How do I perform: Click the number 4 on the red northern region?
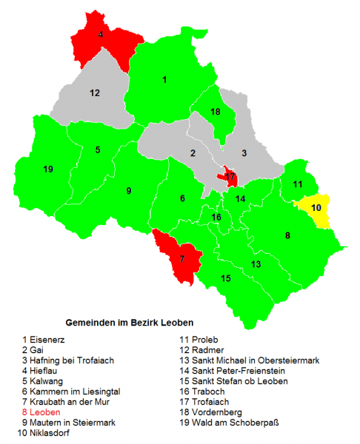(x=101, y=34)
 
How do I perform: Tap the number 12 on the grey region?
(x=95, y=93)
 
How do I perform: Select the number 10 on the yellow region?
(x=316, y=208)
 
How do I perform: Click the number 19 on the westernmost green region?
(x=48, y=169)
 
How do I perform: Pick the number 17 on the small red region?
(x=230, y=178)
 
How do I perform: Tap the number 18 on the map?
(x=216, y=112)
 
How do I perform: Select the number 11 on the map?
(x=297, y=184)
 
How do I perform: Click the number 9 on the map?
(x=129, y=191)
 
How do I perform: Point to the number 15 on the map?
(x=226, y=278)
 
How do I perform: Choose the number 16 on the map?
(x=216, y=218)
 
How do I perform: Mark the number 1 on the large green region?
(x=164, y=79)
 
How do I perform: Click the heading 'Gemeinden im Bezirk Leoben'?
(x=130, y=323)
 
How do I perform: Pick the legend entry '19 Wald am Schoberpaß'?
(x=233, y=422)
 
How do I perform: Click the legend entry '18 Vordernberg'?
(x=217, y=411)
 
